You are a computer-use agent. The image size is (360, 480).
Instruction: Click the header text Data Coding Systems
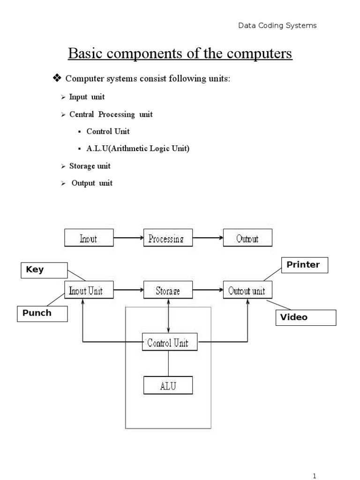(277, 26)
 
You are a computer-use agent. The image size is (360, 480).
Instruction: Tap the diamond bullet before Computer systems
(58, 79)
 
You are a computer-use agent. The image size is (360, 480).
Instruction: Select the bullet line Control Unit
(108, 131)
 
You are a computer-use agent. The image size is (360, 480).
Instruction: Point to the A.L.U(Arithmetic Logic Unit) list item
(138, 149)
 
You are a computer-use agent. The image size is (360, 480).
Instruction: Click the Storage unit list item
(90, 166)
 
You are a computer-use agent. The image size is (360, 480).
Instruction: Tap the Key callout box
(45, 270)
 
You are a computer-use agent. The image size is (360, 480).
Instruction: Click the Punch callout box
(43, 314)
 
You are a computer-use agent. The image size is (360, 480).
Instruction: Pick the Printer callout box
(304, 265)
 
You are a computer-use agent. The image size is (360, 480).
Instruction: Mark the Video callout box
(306, 317)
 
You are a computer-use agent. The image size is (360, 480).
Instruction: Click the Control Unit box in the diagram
(168, 342)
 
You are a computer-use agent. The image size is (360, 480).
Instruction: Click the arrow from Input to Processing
(128, 238)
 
